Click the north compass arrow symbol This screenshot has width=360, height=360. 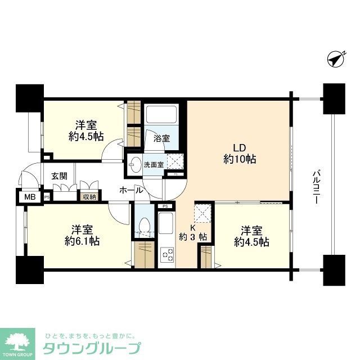point(336,58)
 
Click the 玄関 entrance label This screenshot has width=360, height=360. point(59,176)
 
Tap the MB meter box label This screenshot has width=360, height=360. point(28,197)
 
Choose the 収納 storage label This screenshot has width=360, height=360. point(89,196)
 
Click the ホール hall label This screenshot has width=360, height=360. point(130,191)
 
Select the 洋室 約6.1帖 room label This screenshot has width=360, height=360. point(78,236)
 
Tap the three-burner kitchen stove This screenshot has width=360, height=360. point(168,255)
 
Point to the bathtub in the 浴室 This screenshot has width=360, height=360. point(162,115)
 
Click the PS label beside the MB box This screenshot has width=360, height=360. point(47,197)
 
